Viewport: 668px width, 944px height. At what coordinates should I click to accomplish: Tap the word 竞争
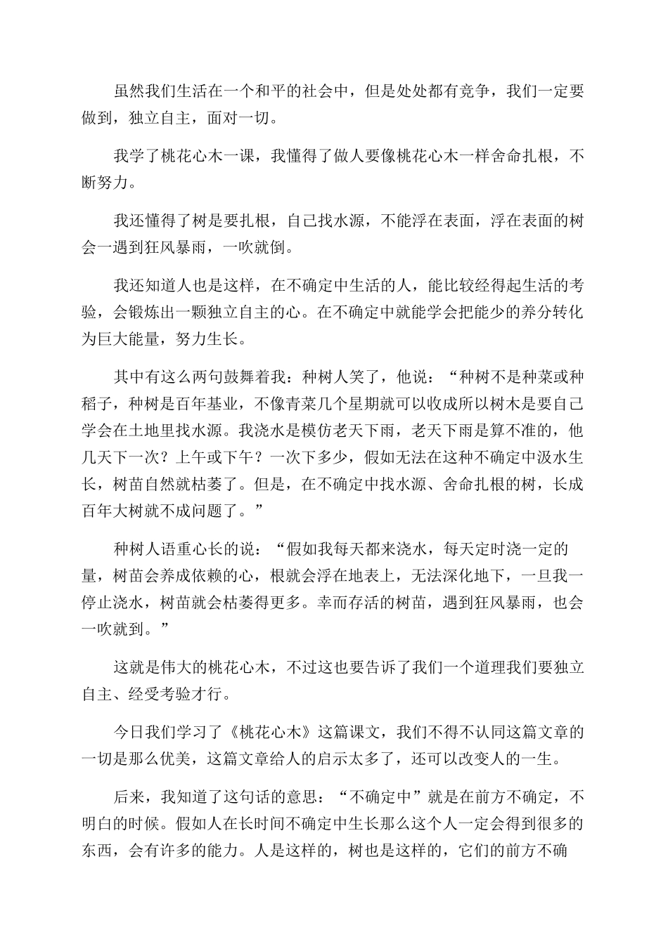pyautogui.click(x=475, y=91)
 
